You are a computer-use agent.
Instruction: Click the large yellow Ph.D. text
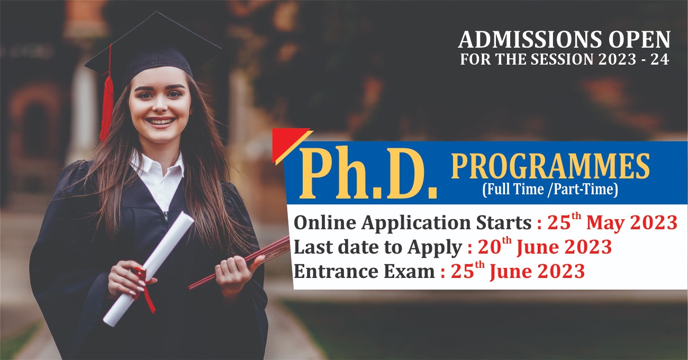click(x=368, y=174)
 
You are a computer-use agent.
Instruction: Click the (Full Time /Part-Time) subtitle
click(x=550, y=189)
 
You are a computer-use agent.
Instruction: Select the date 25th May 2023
click(x=612, y=222)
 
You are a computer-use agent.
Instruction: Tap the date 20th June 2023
click(x=545, y=247)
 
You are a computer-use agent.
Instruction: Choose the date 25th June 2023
click(x=518, y=271)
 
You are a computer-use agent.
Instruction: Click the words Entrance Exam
click(x=364, y=272)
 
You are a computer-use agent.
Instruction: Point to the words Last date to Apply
click(x=378, y=247)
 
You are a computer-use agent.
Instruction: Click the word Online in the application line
click(x=325, y=222)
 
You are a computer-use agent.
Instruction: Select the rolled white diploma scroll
click(x=148, y=269)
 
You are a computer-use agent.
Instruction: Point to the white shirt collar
click(x=157, y=166)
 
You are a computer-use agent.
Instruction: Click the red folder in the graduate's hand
click(x=240, y=263)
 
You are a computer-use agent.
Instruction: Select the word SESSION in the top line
click(x=562, y=59)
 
